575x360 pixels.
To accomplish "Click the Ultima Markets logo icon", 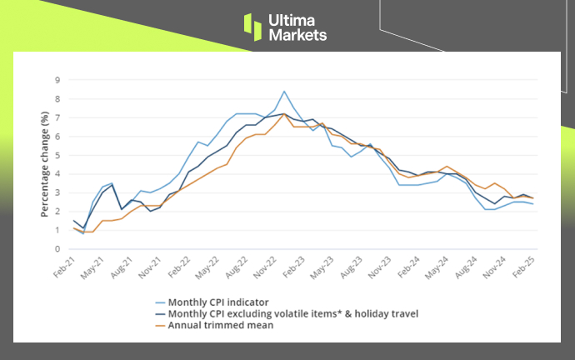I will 252,26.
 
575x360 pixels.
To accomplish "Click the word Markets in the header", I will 297,35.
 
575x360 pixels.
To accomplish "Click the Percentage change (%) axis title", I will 32,164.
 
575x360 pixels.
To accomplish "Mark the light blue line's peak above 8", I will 284,92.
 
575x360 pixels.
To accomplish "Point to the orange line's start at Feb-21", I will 74,227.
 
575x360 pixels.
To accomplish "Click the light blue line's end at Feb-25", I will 533,204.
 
